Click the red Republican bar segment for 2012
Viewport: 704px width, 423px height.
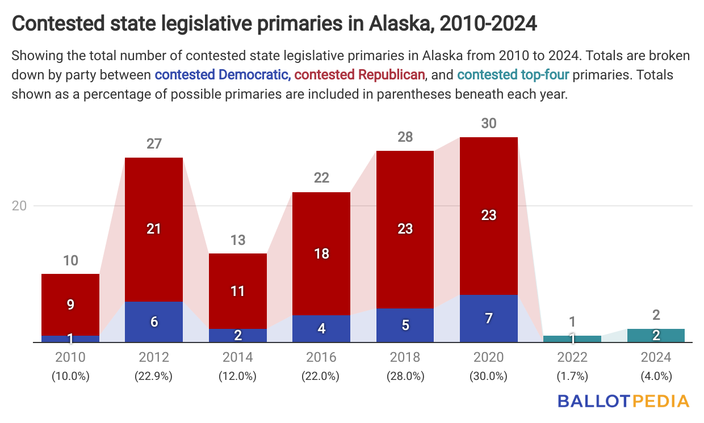(x=154, y=229)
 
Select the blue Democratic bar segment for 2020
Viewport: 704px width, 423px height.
(x=489, y=318)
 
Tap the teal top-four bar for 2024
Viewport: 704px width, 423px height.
(x=656, y=335)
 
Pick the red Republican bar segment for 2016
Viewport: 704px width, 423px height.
(x=321, y=253)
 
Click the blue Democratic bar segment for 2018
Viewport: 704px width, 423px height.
(x=405, y=325)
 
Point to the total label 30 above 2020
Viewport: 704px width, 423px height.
(x=489, y=123)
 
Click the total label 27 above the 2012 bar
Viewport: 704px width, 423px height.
(x=154, y=143)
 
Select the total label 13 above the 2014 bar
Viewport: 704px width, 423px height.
(x=238, y=240)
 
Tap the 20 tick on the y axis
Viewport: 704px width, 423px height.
(x=20, y=206)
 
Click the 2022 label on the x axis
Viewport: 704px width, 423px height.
(x=572, y=357)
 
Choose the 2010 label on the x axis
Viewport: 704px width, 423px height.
(x=70, y=357)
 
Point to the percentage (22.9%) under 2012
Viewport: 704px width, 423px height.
(x=154, y=375)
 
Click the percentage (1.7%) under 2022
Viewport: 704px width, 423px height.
(x=572, y=375)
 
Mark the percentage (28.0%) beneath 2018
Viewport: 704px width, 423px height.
(x=405, y=375)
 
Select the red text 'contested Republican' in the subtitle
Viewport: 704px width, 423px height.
(x=359, y=74)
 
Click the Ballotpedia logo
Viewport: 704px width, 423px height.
(x=623, y=401)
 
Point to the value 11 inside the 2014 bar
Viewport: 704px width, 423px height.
(x=238, y=291)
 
